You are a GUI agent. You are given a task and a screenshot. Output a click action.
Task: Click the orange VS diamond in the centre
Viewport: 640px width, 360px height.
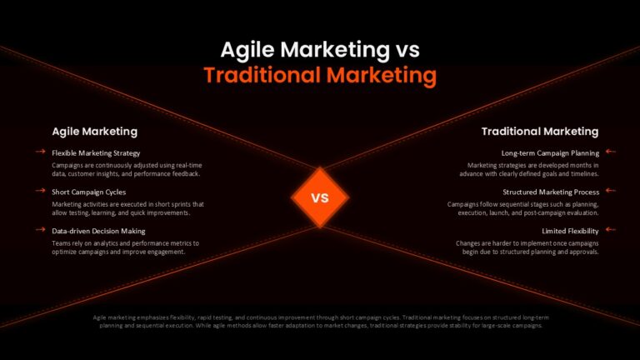pos(320,197)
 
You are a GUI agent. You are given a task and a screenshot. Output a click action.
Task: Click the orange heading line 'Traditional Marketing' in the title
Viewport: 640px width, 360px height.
pos(320,76)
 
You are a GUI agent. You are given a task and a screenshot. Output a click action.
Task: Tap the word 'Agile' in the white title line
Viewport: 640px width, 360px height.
pos(247,51)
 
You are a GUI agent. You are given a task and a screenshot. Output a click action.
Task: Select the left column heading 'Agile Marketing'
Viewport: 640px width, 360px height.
pos(95,132)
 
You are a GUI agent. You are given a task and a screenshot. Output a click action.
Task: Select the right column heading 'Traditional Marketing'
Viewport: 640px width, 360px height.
pos(540,132)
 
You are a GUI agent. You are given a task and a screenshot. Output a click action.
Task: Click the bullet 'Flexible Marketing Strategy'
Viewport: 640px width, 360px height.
pos(96,153)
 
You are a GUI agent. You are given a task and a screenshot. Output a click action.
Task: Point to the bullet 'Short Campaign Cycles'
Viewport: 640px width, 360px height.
pos(89,192)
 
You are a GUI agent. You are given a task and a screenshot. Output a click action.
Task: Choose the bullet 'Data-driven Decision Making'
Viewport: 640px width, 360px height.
pos(98,231)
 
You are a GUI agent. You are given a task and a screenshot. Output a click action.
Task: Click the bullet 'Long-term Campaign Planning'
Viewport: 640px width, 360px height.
pos(550,153)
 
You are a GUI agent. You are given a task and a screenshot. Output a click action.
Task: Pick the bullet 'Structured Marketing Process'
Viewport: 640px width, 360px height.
pos(551,192)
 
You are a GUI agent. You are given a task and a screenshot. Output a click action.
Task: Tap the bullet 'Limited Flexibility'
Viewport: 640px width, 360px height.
pos(570,231)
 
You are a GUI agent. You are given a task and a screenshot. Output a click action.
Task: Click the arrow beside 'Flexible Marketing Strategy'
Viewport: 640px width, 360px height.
pos(40,152)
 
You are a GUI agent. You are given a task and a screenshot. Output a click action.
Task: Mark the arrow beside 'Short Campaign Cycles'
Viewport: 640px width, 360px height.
pos(40,190)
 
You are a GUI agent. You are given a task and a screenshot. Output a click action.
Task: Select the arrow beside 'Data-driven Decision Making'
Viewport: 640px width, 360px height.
pos(40,229)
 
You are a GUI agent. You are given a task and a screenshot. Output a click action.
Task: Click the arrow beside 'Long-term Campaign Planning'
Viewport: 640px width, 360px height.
pos(611,152)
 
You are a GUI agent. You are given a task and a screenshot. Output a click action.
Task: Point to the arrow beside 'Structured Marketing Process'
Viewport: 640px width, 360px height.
pos(611,190)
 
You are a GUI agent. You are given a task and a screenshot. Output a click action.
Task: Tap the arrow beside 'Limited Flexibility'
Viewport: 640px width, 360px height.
pos(611,229)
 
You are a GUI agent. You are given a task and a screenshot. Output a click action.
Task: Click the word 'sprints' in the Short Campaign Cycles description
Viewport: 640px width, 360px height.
pos(179,204)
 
